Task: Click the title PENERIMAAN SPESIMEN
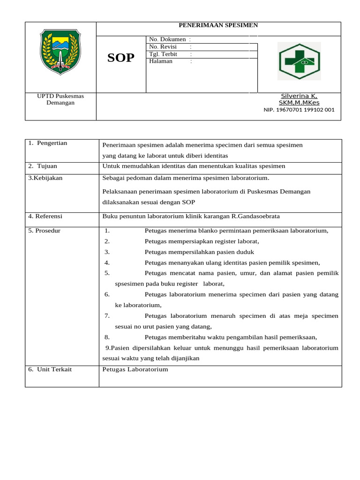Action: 218,25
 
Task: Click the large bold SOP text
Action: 121,58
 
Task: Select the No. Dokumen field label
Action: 167,40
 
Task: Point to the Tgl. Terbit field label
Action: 163,54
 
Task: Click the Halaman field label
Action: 161,61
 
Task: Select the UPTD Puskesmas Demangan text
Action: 60,99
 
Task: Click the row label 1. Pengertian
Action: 47,143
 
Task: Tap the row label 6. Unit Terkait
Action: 50,369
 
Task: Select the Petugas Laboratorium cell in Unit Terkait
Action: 135,369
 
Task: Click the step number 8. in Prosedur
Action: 107,337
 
